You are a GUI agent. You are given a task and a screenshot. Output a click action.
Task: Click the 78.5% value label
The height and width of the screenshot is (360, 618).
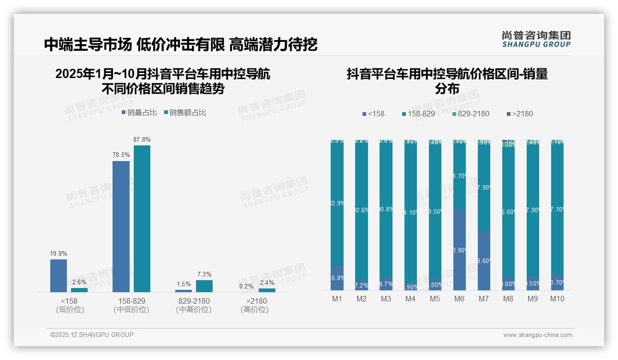coord(121,155)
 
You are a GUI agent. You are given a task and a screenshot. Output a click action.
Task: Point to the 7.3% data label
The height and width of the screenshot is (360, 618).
coord(204,274)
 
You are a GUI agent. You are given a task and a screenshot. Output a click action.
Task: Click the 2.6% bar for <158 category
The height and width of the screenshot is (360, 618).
coord(79,290)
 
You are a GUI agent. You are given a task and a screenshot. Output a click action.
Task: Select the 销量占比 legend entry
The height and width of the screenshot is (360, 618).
coord(139,112)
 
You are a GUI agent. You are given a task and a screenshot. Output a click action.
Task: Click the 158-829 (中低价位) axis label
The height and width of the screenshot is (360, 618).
coord(131,305)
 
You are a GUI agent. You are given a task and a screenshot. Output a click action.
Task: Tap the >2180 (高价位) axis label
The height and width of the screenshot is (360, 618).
coord(255,305)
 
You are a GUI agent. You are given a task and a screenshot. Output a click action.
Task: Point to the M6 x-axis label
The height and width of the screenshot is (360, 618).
coord(459,299)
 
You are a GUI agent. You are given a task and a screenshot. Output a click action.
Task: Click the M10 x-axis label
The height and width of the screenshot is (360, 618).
coord(557,299)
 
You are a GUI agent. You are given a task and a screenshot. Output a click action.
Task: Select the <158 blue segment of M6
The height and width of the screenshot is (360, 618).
coord(459,249)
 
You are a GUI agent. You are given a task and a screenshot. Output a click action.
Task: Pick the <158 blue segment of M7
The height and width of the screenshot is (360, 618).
coord(484,260)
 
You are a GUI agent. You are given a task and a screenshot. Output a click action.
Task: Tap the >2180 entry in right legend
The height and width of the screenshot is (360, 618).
coord(519,114)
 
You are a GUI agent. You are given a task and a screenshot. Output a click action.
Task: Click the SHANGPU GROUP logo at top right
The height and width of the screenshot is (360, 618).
coord(536,39)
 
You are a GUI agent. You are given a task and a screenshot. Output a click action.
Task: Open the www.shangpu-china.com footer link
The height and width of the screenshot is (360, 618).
coord(537,335)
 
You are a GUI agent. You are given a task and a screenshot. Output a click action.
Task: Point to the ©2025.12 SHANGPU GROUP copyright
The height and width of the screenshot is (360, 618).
coord(92,335)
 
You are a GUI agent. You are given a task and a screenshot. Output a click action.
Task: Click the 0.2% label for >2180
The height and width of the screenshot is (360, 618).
coord(246,286)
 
